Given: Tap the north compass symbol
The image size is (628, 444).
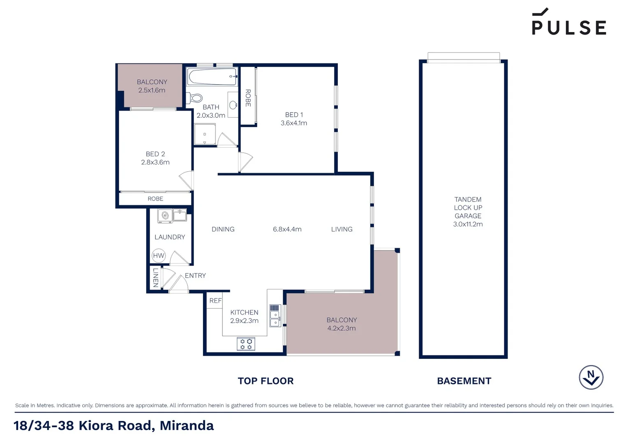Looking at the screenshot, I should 591,377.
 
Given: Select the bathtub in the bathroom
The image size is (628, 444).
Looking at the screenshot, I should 212,77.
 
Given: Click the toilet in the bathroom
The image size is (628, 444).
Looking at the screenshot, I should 195,98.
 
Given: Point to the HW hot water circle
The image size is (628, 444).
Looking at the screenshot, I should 158,256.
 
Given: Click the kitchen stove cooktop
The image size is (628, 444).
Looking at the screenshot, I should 246,344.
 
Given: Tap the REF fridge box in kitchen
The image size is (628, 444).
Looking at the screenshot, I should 215,301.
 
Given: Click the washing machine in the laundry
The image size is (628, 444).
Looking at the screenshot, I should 165,216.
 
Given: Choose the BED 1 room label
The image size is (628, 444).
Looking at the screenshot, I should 294,115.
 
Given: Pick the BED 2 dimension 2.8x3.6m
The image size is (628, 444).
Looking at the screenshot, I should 155,162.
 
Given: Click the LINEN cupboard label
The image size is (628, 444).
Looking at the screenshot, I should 155,277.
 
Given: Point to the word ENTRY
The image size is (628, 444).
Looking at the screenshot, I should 195,275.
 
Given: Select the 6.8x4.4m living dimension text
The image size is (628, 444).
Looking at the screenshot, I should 287,229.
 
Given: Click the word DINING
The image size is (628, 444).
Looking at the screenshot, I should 223,229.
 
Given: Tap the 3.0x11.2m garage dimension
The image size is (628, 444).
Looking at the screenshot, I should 468,224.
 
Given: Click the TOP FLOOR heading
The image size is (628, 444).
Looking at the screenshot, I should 266,381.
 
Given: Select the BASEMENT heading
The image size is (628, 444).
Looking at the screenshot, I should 464,381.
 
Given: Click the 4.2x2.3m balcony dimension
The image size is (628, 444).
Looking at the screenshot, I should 342,328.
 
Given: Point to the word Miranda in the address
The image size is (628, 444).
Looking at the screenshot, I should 187,425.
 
